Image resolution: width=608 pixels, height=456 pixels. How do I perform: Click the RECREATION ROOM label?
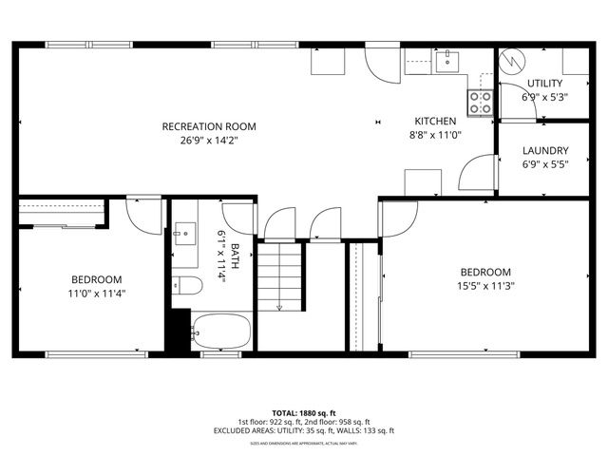click(x=208, y=126)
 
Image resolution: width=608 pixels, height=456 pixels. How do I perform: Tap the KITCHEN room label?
click(x=435, y=121)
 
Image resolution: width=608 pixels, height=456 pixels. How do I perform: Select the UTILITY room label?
click(x=544, y=84)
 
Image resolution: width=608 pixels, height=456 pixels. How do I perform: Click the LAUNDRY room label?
click(x=545, y=150)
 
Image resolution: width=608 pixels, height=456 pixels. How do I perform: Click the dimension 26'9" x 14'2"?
click(x=208, y=141)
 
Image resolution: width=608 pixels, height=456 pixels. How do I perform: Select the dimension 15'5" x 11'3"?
click(x=485, y=286)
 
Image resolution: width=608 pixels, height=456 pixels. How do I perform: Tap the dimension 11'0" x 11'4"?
click(x=97, y=294)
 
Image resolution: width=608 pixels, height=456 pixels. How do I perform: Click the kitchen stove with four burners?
click(x=480, y=101)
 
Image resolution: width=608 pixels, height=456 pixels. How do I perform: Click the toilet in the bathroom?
click(x=184, y=285)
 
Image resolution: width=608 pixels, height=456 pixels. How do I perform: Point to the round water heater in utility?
click(x=513, y=60)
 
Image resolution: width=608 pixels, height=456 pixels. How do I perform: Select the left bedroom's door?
click(x=144, y=217)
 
